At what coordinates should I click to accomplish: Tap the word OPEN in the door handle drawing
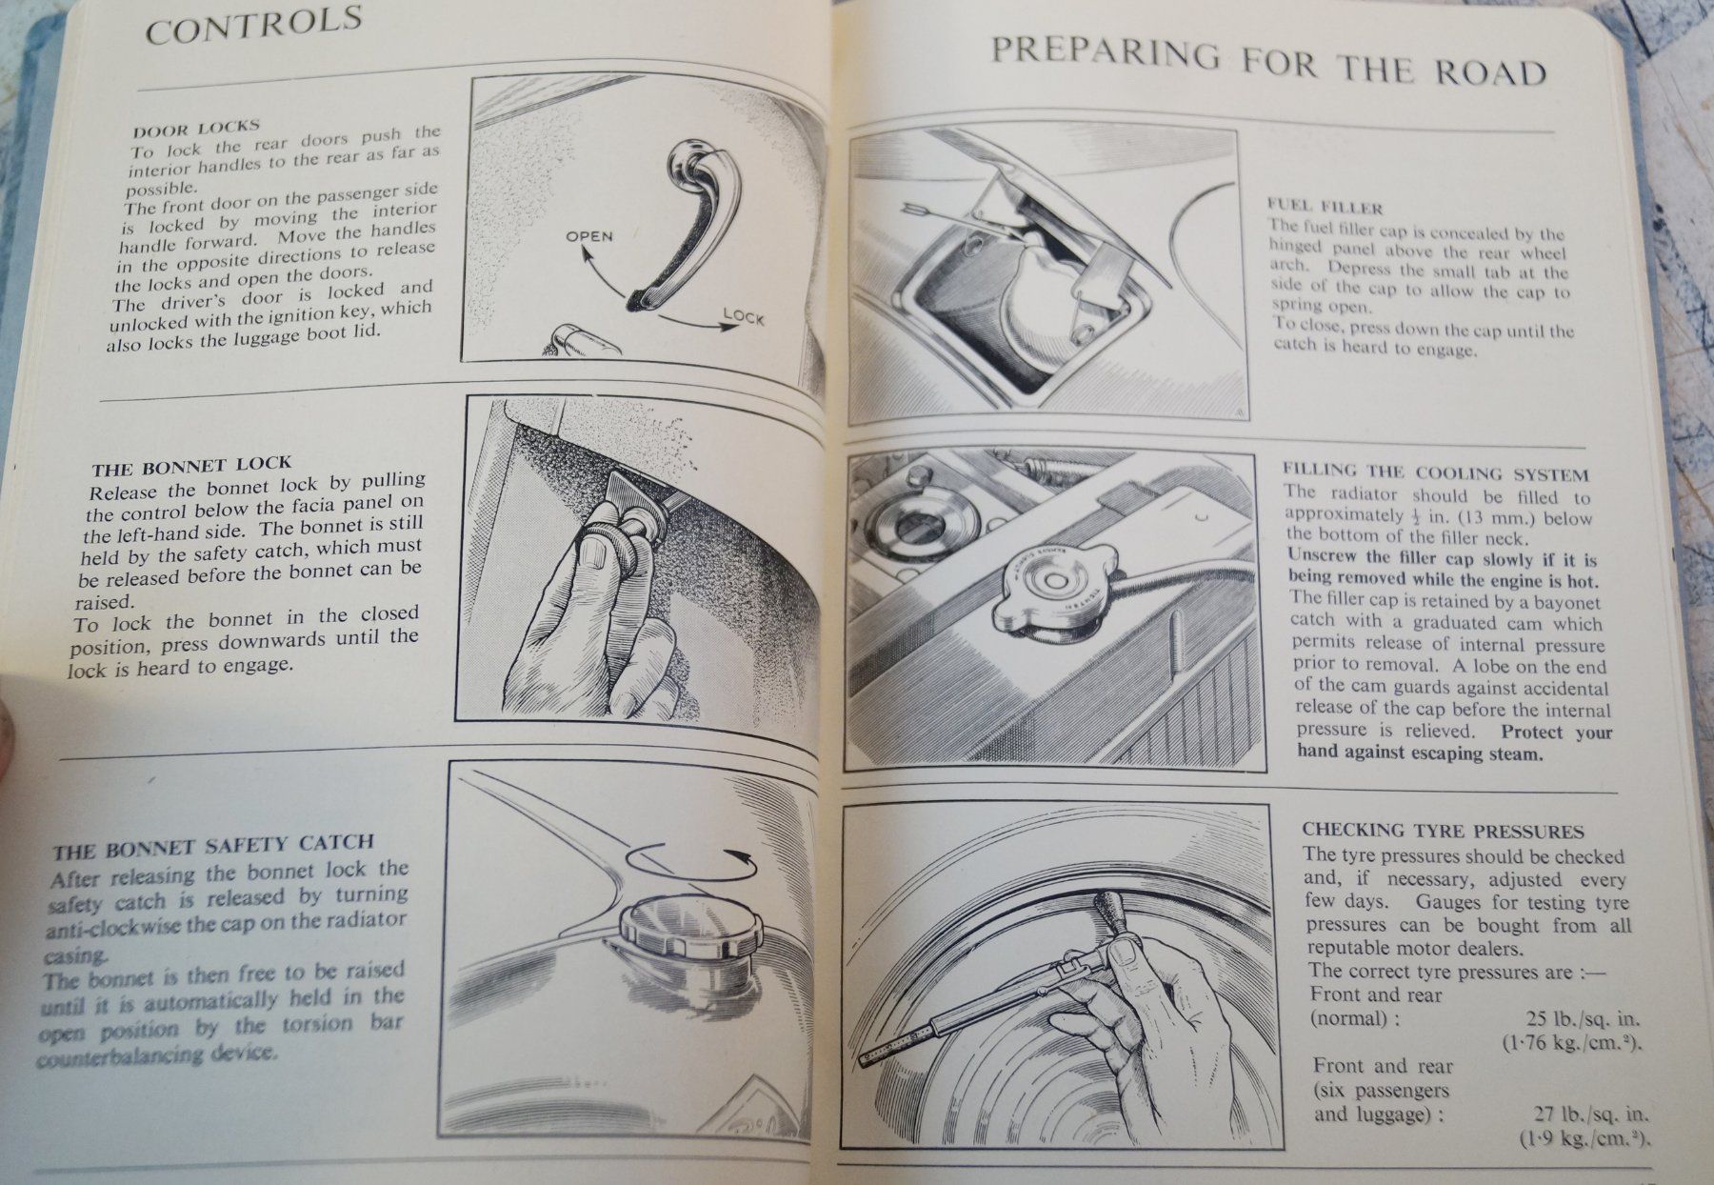coord(589,236)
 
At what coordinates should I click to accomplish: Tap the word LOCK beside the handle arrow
coord(744,315)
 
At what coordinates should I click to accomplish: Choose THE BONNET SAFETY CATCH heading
coord(213,846)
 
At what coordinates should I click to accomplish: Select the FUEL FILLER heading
coord(1325,206)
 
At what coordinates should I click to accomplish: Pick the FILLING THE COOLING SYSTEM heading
coord(1435,473)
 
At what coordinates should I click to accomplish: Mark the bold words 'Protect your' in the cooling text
coord(1556,733)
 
